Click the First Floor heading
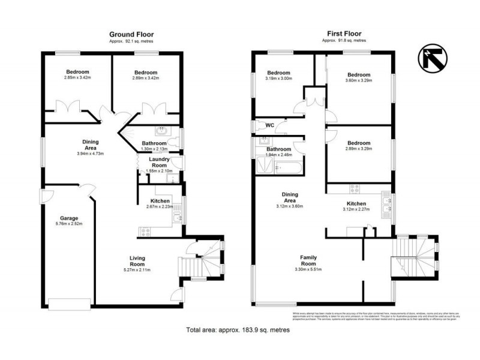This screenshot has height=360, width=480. (343, 34)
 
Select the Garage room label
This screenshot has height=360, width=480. (68, 218)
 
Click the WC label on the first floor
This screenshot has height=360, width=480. (270, 125)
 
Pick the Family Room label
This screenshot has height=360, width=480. (308, 260)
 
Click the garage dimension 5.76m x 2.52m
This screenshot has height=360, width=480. (68, 224)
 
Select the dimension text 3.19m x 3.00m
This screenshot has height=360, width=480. (279, 78)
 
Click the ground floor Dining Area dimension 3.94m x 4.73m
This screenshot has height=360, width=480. (91, 154)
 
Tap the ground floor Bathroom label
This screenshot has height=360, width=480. (154, 143)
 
